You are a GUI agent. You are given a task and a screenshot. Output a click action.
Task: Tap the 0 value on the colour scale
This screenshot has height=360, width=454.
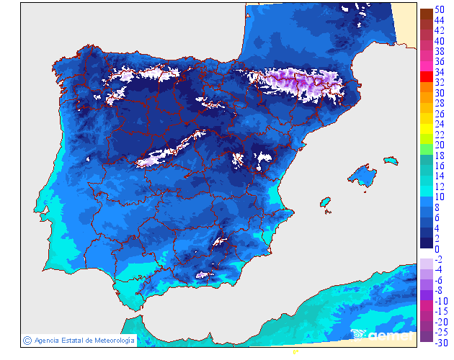click(437, 248)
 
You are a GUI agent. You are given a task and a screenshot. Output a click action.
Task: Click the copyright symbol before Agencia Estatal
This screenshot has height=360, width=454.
click(27, 340)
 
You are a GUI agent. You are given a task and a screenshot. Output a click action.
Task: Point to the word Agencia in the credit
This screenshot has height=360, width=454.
click(48, 341)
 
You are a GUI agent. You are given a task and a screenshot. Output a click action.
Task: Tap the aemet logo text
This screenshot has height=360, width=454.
click(389, 335)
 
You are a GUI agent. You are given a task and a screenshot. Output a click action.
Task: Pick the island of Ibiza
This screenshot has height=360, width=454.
click(326, 202)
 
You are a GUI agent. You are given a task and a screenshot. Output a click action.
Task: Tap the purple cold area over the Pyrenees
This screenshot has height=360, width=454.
click(303, 83)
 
